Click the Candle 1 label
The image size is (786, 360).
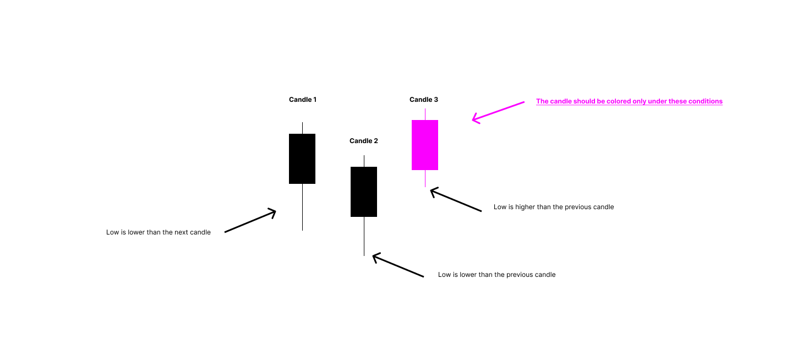point(302,100)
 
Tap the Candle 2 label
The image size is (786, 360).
point(363,141)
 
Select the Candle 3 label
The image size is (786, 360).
point(424,100)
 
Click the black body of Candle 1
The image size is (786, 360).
point(302,159)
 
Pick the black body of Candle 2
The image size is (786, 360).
point(364,192)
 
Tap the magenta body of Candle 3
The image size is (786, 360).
point(425,145)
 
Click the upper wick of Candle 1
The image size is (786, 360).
point(302,128)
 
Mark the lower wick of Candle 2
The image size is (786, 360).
point(364,236)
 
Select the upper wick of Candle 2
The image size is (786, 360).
point(364,161)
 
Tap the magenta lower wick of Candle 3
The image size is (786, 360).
point(425,178)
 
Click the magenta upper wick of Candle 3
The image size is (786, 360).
point(425,114)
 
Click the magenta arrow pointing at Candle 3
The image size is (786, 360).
point(498,111)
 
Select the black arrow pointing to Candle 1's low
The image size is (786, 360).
point(250,221)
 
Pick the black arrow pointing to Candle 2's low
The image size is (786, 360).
point(398,266)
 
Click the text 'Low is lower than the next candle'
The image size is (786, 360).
point(159,232)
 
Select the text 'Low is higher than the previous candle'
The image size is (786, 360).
point(553,207)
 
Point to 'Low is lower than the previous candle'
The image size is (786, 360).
point(496,275)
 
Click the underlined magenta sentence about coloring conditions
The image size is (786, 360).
point(629,101)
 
